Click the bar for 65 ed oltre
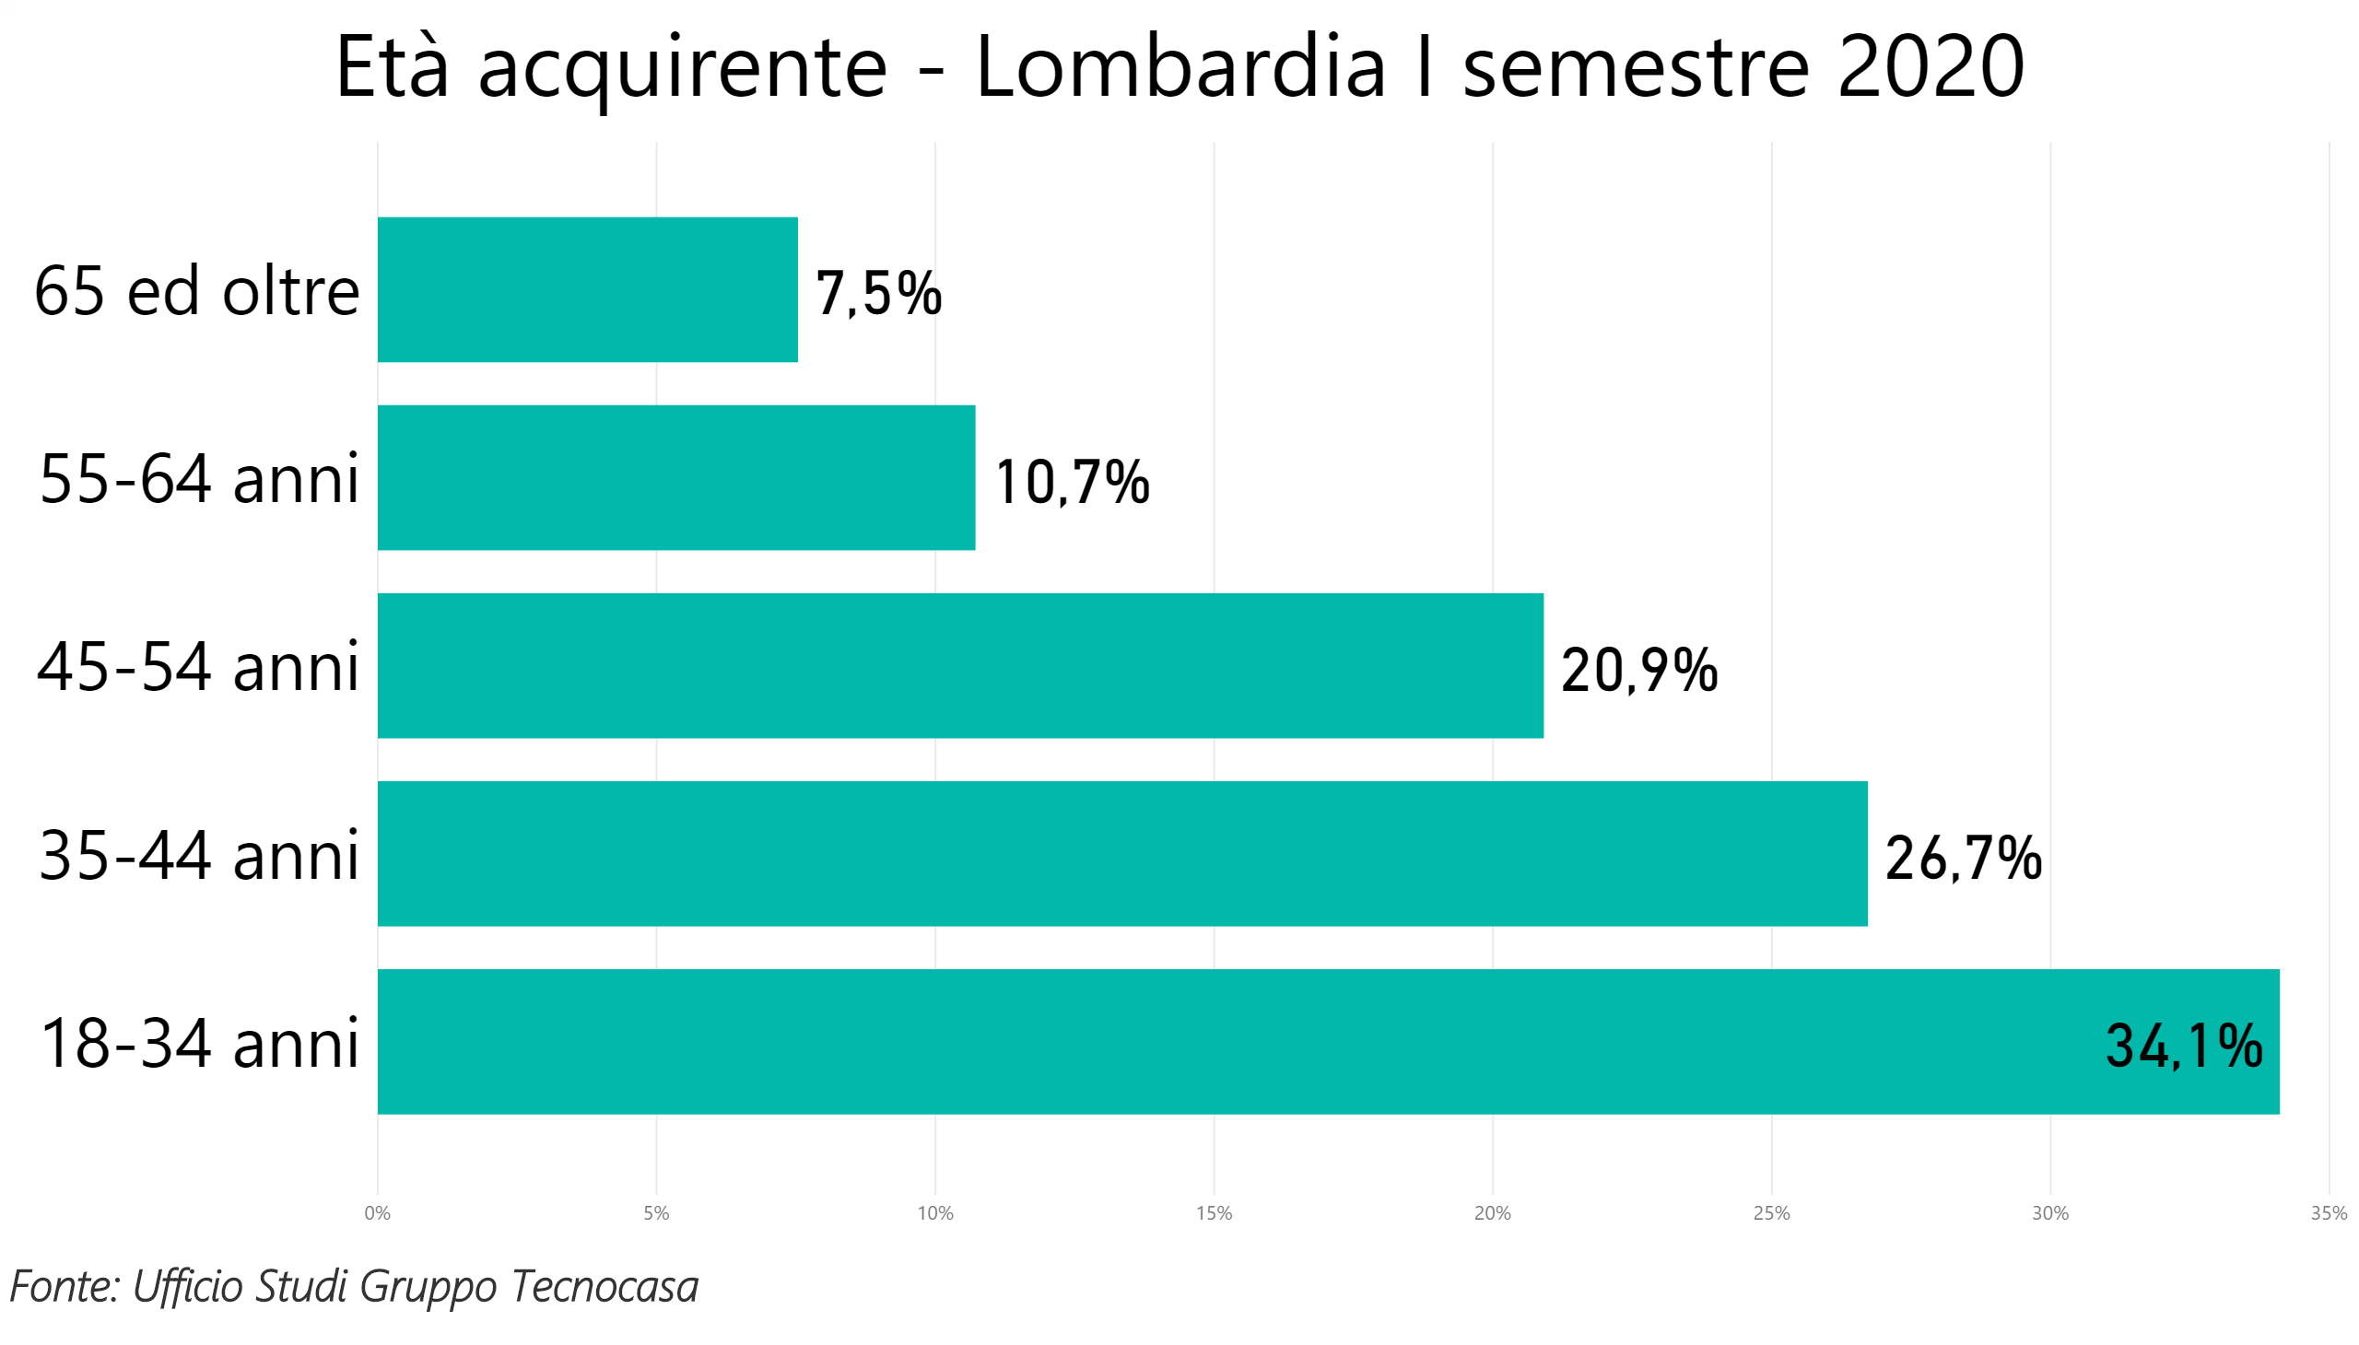click(x=587, y=289)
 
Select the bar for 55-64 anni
click(x=675, y=476)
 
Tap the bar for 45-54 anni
click(x=959, y=665)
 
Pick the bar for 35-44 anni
click(x=1121, y=853)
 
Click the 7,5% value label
click(x=877, y=293)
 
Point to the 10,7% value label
click(x=1071, y=481)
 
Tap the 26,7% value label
click(x=1962, y=858)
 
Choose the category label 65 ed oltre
click(x=197, y=291)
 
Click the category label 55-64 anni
click(x=199, y=478)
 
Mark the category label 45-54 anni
click(x=198, y=666)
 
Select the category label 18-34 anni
click(x=199, y=1043)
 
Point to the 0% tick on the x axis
click(x=377, y=1213)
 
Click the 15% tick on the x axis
click(x=1214, y=1213)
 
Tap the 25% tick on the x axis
click(x=1770, y=1213)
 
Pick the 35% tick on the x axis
click(x=2328, y=1213)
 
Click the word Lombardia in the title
click(x=1180, y=66)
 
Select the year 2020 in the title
click(x=1930, y=66)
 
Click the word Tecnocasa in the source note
click(x=604, y=1285)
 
